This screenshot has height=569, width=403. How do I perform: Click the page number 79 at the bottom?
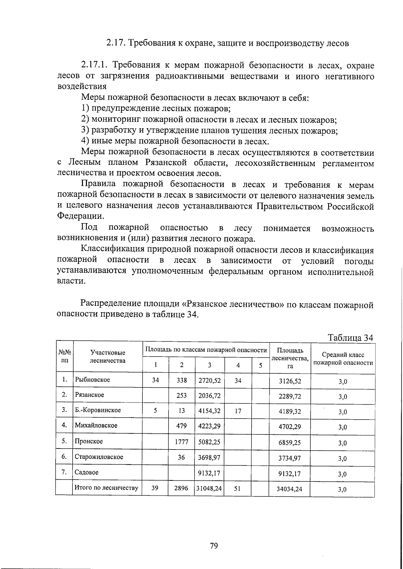coord(214,546)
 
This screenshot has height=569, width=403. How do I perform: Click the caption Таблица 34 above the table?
coord(350,337)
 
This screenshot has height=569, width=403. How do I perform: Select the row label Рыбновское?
coord(92,380)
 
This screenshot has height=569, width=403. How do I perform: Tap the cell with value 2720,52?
coord(209,380)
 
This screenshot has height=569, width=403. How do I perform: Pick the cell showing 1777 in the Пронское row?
coord(181,442)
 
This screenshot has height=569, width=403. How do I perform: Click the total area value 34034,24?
coord(289,489)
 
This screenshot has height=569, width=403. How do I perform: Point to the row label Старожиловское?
coord(99,457)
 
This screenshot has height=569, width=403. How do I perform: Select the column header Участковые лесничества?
coord(108,357)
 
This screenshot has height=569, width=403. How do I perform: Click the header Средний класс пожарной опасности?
coord(343,359)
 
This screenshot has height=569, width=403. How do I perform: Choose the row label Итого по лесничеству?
coord(106,488)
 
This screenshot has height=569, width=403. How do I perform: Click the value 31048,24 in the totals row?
coord(209,489)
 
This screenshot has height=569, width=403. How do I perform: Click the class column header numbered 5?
coord(260,365)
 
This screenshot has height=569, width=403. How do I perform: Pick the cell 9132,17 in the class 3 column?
coord(209,473)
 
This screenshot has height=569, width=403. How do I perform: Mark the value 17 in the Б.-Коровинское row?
coord(238,411)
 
